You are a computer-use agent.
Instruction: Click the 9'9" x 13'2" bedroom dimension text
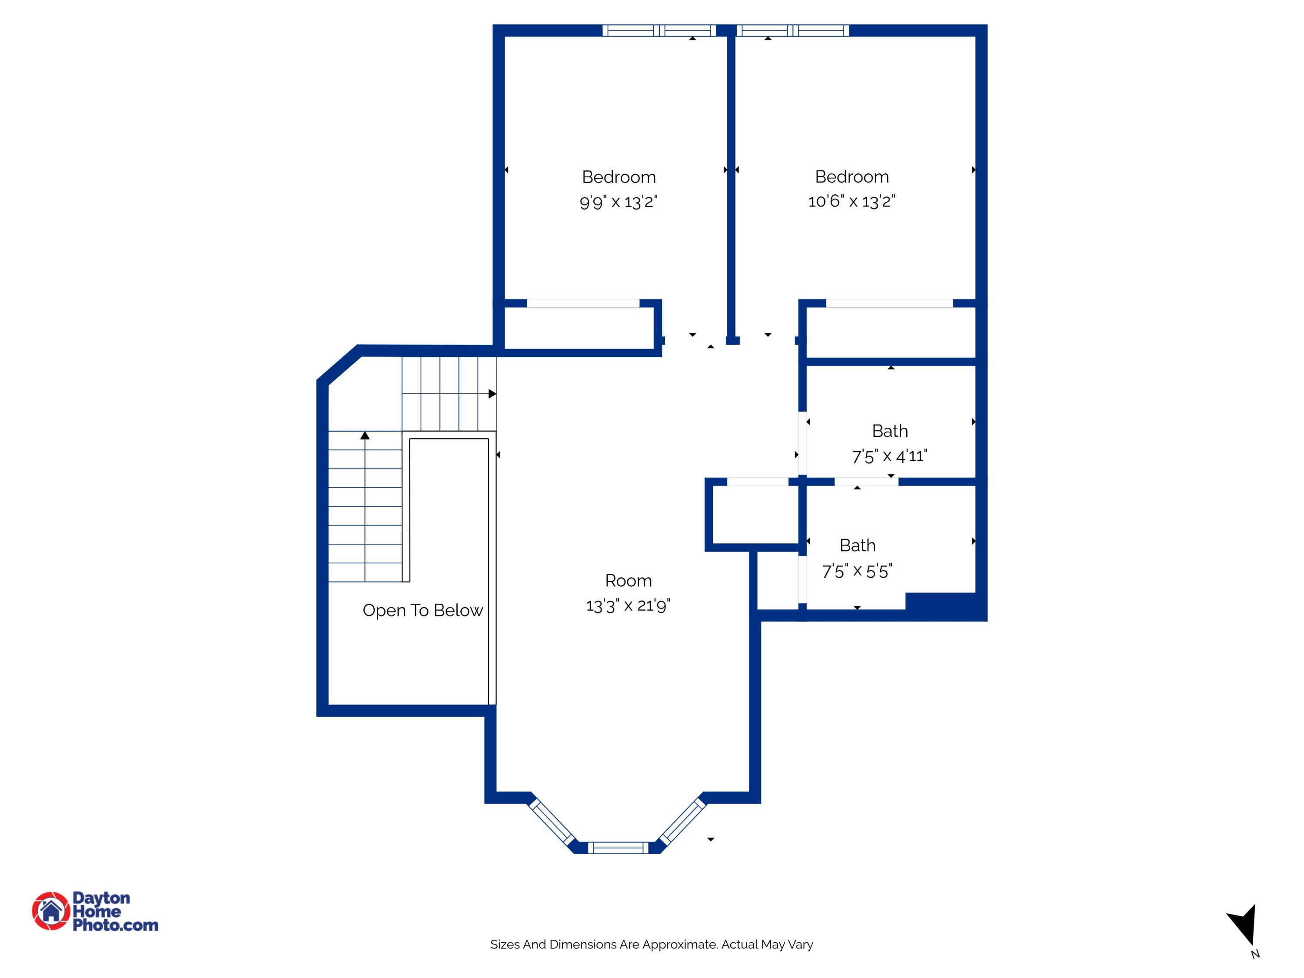[x=619, y=202]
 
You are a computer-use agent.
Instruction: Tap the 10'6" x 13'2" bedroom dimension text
[x=851, y=202]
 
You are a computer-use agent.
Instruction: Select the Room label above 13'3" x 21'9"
[x=629, y=581]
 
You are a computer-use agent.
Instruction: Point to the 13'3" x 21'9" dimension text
[x=629, y=605]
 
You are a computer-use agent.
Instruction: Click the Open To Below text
[x=422, y=610]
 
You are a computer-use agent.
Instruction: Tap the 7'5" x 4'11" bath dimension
[x=890, y=456]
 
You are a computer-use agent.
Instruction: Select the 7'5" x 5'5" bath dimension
[x=857, y=571]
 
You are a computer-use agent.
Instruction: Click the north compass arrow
[x=1244, y=925]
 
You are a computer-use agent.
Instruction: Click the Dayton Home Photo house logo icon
[x=51, y=911]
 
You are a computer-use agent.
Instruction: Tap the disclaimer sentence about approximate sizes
[x=652, y=945]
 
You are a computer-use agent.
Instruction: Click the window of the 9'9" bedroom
[x=659, y=31]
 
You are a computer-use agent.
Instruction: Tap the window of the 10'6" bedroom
[x=792, y=31]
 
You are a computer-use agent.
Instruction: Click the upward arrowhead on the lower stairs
[x=365, y=436]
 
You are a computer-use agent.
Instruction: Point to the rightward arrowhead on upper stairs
[x=492, y=394]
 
